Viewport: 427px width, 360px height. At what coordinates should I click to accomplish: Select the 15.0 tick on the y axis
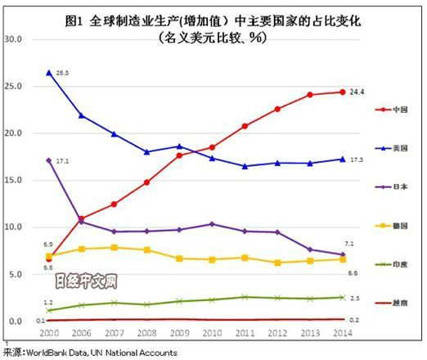(14, 180)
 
